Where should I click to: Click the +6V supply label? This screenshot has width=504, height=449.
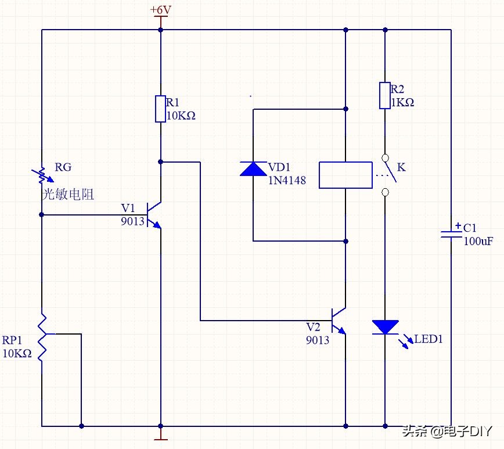click(160, 10)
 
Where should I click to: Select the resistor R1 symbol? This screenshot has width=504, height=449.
click(160, 109)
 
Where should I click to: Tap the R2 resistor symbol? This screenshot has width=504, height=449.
click(384, 96)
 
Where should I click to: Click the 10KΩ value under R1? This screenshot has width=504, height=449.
click(181, 116)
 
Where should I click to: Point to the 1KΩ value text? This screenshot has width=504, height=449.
click(402, 102)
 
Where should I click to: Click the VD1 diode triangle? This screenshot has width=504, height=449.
click(253, 168)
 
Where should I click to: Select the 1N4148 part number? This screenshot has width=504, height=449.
click(287, 181)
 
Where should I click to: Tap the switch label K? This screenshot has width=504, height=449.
click(401, 167)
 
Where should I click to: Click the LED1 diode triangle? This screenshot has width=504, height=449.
click(384, 327)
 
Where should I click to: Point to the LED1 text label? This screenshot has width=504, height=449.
click(429, 339)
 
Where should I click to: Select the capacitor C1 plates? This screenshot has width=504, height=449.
click(451, 234)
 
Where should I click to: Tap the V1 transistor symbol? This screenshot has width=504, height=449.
click(155, 215)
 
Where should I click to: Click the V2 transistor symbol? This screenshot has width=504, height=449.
click(340, 320)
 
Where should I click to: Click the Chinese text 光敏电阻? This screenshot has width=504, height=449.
click(68, 194)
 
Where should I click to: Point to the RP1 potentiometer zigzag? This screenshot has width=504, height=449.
click(42, 337)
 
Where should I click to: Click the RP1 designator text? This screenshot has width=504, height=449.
click(12, 340)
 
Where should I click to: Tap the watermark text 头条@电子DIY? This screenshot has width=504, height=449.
click(447, 432)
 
